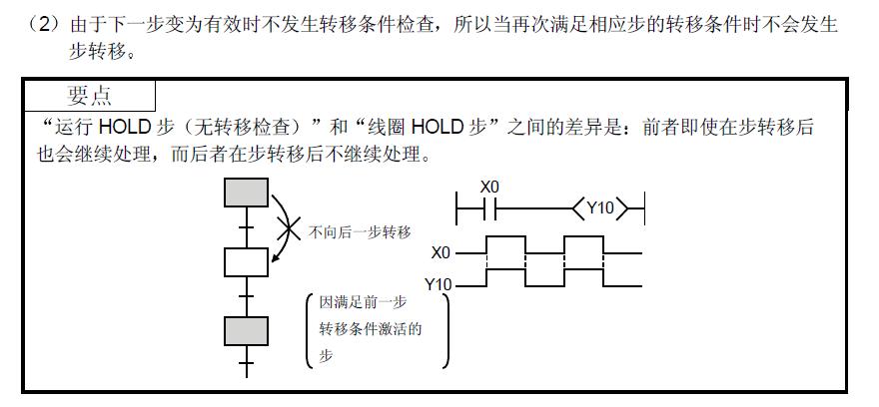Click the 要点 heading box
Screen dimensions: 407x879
(x=89, y=96)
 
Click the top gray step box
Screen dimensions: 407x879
(x=246, y=192)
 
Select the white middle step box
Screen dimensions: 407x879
(x=246, y=261)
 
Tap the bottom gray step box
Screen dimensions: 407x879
(x=246, y=329)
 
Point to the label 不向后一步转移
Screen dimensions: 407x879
(x=360, y=231)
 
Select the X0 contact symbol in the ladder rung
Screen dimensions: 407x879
(x=488, y=209)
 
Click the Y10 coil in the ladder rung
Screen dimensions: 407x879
(x=599, y=209)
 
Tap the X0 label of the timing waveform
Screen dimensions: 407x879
(x=442, y=253)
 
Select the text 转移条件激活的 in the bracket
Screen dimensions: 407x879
(x=370, y=328)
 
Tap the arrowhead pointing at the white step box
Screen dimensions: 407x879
(x=273, y=262)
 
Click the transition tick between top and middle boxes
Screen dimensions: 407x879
(x=246, y=226)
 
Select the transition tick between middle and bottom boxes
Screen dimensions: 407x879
(x=246, y=296)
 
